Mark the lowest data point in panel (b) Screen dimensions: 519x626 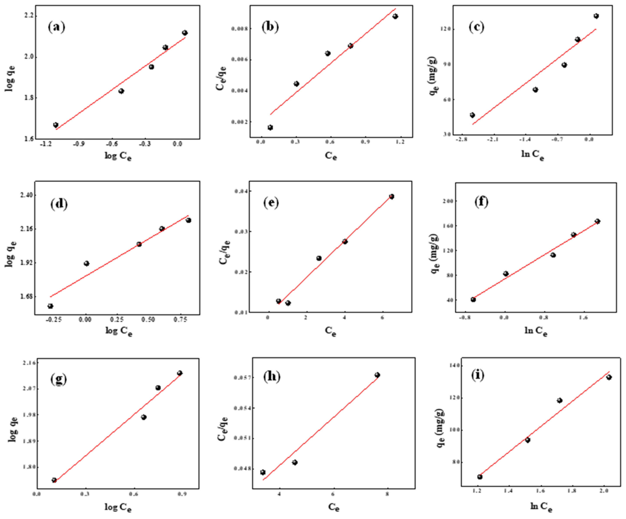tap(270, 128)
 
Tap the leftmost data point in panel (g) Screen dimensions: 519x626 tap(54, 480)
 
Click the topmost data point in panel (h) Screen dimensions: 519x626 tap(377, 375)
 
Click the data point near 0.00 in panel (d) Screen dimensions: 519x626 tap(86, 263)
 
